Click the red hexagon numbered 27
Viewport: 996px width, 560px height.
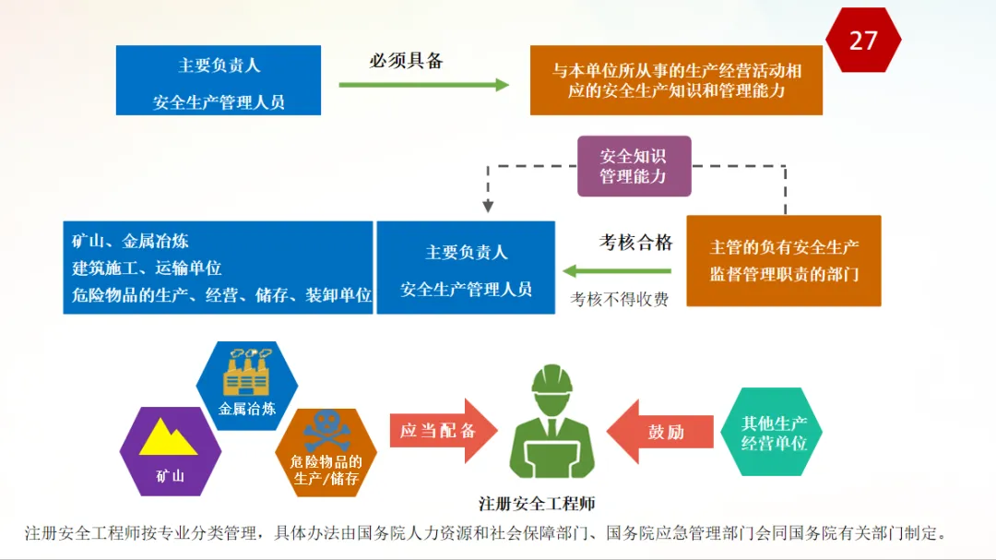(x=863, y=40)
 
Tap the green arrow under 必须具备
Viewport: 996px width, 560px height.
(x=423, y=85)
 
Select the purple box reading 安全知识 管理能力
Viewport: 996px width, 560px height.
(x=634, y=166)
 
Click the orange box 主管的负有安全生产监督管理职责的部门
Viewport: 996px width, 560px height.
(x=784, y=260)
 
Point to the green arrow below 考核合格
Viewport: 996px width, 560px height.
(x=617, y=271)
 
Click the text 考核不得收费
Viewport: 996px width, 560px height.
(x=620, y=299)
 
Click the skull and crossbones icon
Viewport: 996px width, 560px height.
(x=326, y=430)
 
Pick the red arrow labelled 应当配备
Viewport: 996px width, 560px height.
(x=444, y=431)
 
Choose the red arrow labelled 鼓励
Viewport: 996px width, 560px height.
(x=660, y=432)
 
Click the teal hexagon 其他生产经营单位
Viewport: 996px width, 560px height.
(x=772, y=432)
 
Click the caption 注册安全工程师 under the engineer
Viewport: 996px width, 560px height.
(x=537, y=504)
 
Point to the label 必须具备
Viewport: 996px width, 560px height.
(x=407, y=60)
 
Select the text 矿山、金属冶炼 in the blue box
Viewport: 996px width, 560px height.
(x=130, y=241)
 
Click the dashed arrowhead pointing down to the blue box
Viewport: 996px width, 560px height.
(x=488, y=206)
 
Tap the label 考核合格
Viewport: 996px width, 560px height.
(x=635, y=243)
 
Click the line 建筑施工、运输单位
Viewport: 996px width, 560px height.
(x=147, y=268)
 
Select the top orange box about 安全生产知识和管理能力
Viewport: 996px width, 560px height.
(x=677, y=80)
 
